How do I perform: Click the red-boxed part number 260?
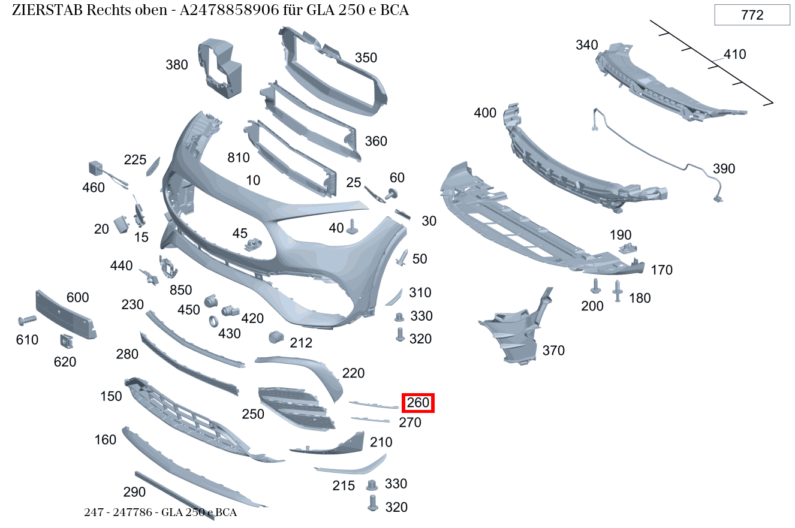click(418, 403)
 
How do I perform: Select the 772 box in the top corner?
click(752, 15)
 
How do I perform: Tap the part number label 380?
click(177, 65)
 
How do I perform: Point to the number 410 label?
click(734, 55)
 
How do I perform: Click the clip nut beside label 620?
click(65, 341)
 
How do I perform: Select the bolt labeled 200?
click(595, 286)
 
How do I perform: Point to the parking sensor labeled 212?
click(275, 337)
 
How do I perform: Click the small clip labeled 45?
click(255, 245)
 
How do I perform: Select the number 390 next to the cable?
click(724, 169)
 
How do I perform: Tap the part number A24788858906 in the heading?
click(230, 11)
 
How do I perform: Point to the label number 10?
click(253, 180)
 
